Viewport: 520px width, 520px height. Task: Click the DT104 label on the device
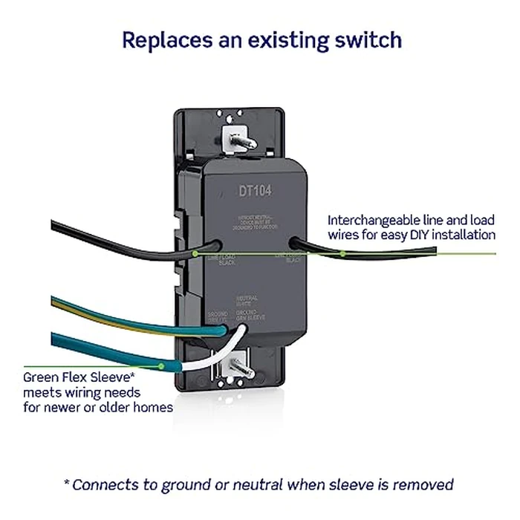255,191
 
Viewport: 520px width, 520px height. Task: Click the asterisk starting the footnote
68,484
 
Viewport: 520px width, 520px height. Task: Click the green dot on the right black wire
342,253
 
